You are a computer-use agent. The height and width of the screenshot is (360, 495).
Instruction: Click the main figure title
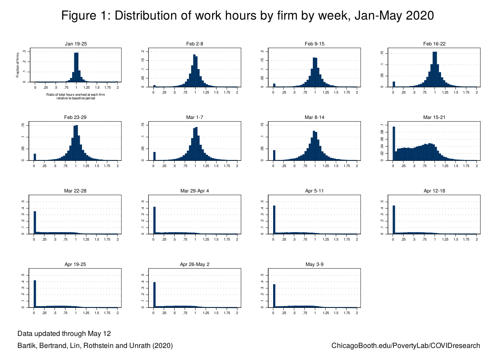click(247, 16)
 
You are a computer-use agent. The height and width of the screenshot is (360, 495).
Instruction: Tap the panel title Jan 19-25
click(76, 43)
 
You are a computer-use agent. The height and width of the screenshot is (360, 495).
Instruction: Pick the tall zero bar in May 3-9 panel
click(274, 296)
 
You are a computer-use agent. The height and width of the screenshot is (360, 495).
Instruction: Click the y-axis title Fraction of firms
click(18, 66)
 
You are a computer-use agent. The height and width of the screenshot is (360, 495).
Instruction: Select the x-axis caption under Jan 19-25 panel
click(76, 96)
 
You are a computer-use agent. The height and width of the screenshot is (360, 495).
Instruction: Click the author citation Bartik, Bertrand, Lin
click(95, 346)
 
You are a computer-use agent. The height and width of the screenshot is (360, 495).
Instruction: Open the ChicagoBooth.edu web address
click(406, 346)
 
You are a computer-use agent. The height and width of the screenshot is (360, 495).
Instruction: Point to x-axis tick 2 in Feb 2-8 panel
click(237, 91)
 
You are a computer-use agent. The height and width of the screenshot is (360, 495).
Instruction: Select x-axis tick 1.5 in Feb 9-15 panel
click(336, 91)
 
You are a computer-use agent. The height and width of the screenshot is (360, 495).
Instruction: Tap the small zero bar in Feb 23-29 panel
click(35, 157)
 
